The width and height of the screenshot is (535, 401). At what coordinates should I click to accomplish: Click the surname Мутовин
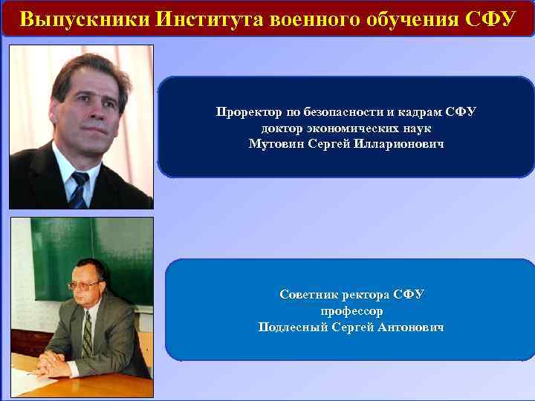point(277,143)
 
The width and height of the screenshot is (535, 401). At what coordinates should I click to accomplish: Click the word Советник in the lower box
point(307,295)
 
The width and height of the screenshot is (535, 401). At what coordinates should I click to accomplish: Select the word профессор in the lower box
point(351,310)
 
